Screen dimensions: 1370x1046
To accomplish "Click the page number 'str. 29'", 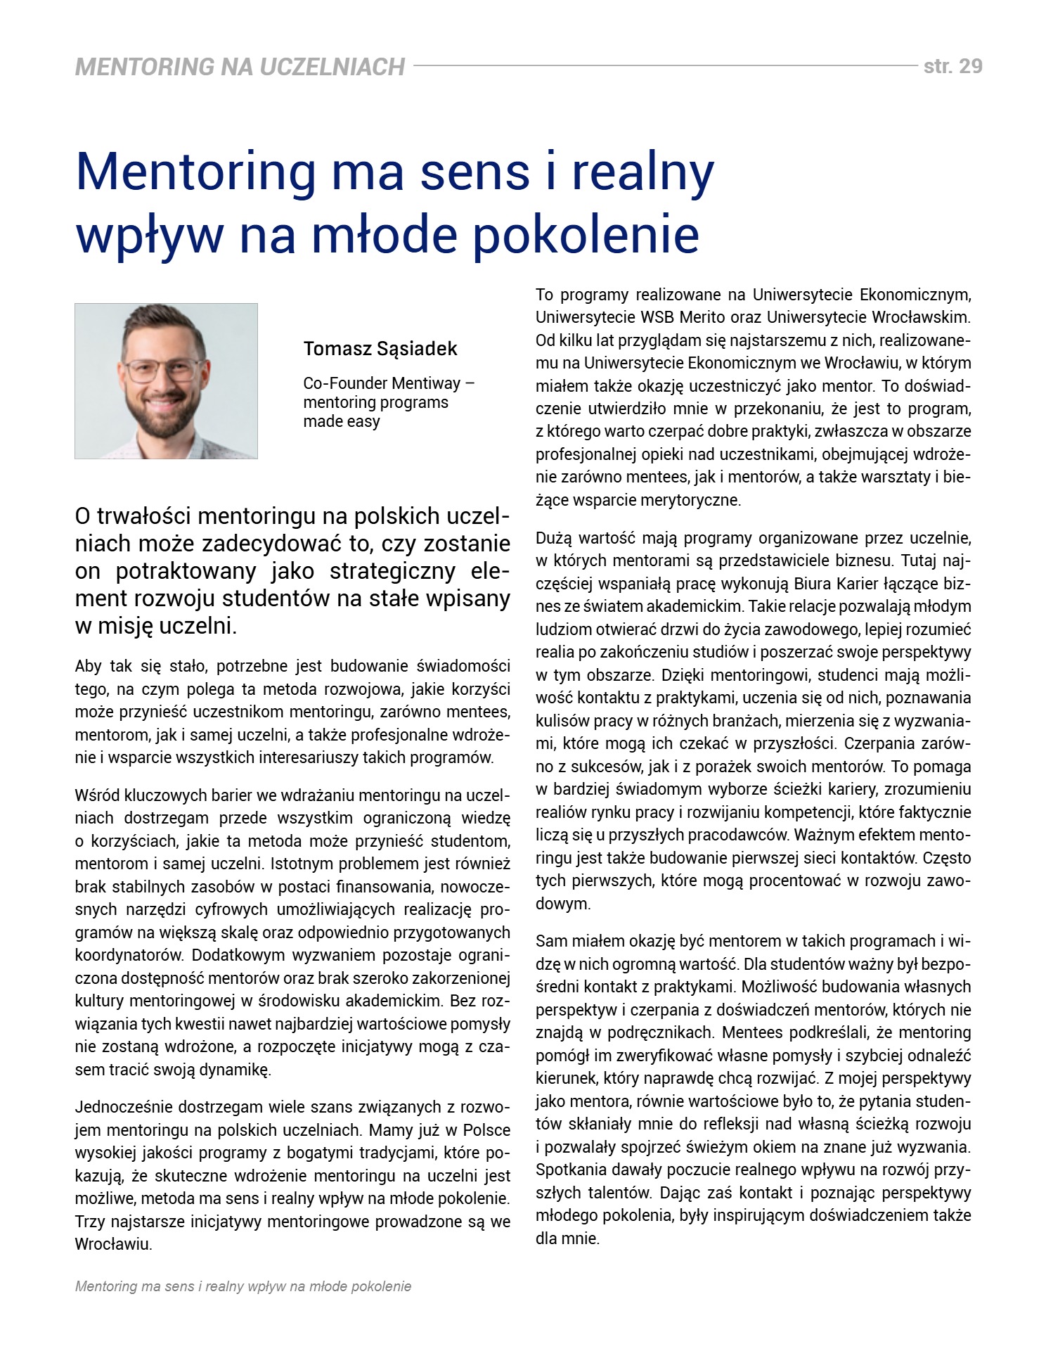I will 953,66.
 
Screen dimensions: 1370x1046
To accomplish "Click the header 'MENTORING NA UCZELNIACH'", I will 240,67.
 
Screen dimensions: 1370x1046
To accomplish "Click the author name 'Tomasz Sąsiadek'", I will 380,349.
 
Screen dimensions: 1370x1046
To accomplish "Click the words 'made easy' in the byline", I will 342,421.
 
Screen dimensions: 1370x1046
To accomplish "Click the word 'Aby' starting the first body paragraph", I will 89,666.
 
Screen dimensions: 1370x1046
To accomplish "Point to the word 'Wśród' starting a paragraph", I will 96,795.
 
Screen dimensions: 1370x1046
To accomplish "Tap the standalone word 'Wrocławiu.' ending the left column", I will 114,1244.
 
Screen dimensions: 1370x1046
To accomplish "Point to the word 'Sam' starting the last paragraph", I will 550,941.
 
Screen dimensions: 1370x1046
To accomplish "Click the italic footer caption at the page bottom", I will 243,1286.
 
